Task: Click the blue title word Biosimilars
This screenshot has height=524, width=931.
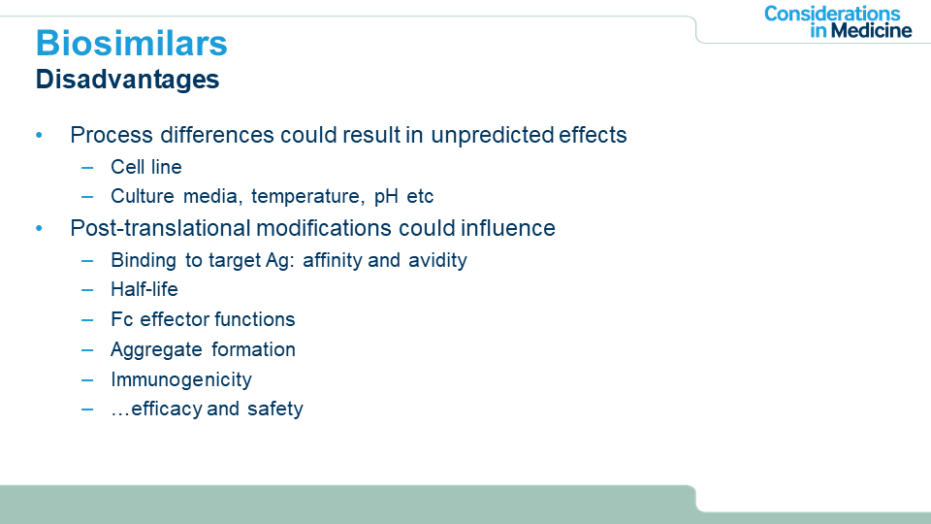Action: coord(131,44)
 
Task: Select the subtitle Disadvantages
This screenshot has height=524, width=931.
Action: coord(128,80)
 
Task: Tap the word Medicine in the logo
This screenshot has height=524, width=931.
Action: coord(871,30)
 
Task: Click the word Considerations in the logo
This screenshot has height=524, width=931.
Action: coord(832,13)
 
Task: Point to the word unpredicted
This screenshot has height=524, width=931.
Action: coord(492,136)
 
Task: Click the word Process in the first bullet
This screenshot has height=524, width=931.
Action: coord(112,135)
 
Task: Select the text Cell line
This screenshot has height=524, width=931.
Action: coord(146,167)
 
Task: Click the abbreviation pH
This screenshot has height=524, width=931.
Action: coord(386,197)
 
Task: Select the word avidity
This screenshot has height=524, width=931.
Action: coord(437,260)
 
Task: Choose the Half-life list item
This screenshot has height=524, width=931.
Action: coord(144,289)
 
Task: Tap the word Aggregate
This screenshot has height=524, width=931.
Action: coord(157,350)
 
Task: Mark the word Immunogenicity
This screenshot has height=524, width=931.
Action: coord(181,379)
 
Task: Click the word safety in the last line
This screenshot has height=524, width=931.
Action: coord(275,409)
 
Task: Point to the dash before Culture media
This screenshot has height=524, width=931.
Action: coord(87,197)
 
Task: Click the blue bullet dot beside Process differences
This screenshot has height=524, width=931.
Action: coord(39,136)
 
